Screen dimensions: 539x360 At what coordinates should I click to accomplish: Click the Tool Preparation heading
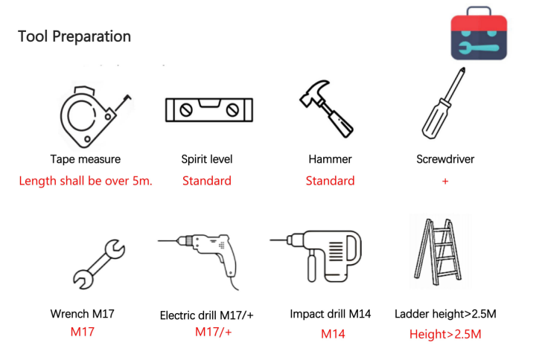pyautogui.click(x=74, y=36)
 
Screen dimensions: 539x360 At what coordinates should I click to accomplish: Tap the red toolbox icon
pyautogui.click(x=479, y=33)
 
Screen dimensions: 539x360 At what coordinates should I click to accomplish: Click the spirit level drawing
pyautogui.click(x=209, y=110)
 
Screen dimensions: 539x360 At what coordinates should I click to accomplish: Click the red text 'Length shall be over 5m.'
pyautogui.click(x=86, y=181)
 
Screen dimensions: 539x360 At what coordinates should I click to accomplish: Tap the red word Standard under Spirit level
pyautogui.click(x=207, y=181)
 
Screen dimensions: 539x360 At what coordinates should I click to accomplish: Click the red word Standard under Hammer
pyautogui.click(x=330, y=181)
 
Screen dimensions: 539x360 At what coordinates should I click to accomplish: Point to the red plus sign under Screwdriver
pyautogui.click(x=445, y=181)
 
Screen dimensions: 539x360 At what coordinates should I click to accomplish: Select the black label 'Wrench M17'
pyautogui.click(x=82, y=314)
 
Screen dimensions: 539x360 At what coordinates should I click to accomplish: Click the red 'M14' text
pyautogui.click(x=333, y=334)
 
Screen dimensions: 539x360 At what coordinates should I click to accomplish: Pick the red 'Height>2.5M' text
pyautogui.click(x=445, y=334)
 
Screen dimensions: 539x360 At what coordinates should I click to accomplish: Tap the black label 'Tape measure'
pyautogui.click(x=86, y=159)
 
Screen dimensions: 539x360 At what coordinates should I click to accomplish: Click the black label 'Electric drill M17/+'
pyautogui.click(x=207, y=315)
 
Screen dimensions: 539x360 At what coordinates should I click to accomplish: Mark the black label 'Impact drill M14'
pyautogui.click(x=331, y=314)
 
